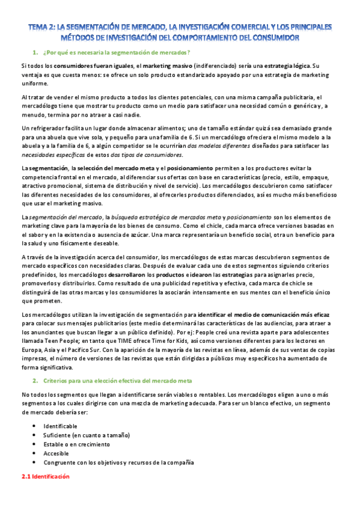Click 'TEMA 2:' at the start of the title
tap(43, 27)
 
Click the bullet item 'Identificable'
tap(60, 426)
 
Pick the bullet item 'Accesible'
tap(56, 453)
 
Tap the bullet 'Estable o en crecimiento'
tap(76, 444)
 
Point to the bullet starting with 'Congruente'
tap(118, 462)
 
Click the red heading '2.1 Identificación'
tap(45, 476)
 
